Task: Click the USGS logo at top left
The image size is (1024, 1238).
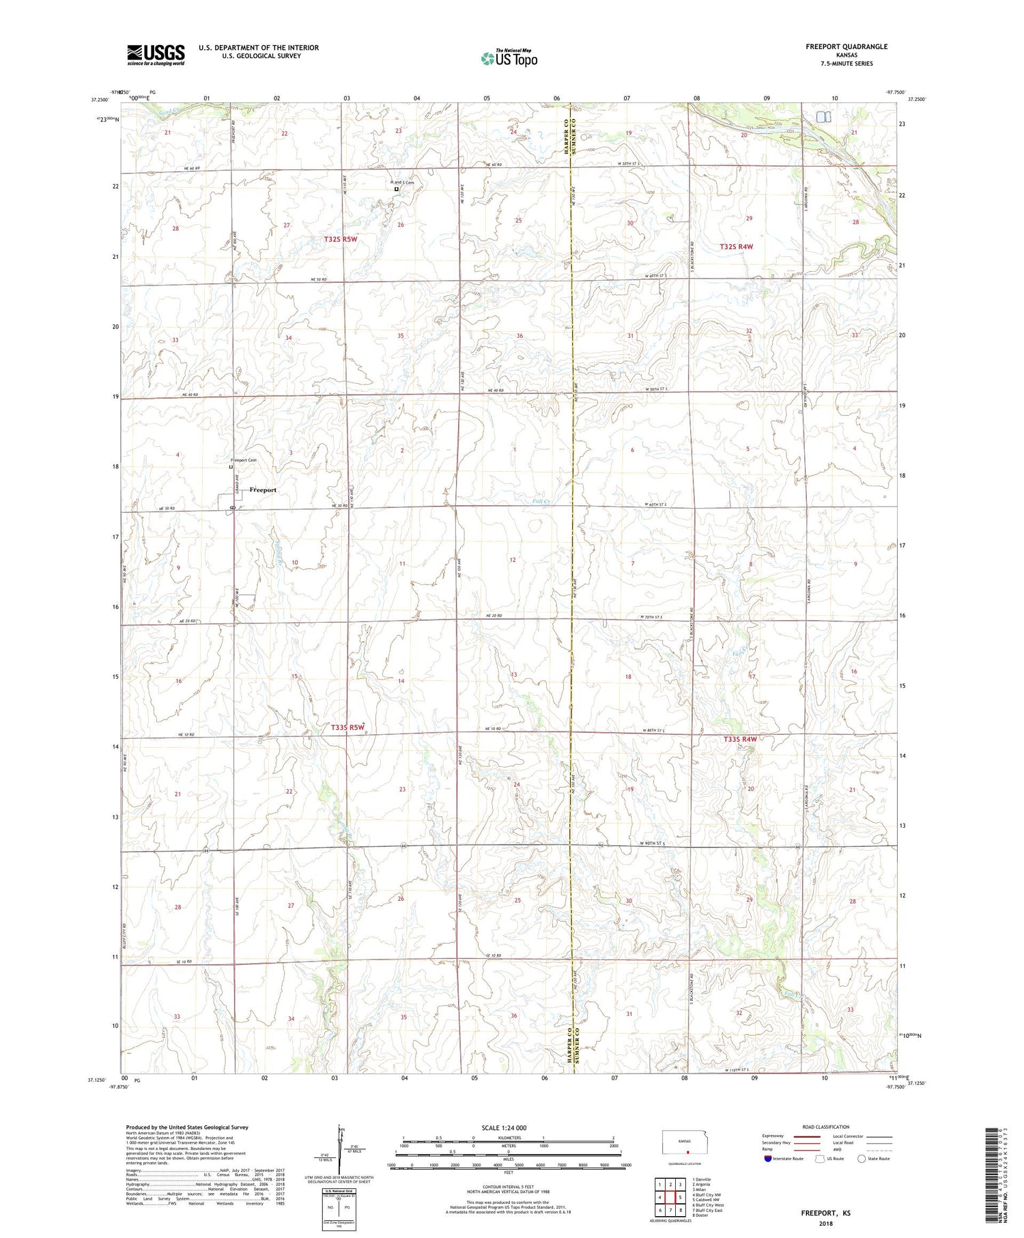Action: click(156, 55)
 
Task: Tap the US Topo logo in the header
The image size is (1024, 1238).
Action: click(509, 59)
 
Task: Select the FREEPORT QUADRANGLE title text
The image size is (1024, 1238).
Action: click(846, 46)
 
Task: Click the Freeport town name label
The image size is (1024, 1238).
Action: click(263, 490)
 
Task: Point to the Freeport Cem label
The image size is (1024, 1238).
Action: click(244, 460)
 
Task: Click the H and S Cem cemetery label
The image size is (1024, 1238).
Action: click(402, 182)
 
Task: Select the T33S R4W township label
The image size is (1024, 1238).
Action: click(740, 739)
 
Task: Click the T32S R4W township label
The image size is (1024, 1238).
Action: click(737, 247)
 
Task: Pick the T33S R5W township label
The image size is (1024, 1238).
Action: click(347, 728)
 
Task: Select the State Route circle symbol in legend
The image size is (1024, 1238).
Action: click(862, 1158)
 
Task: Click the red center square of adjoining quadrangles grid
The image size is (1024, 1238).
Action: click(670, 1198)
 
